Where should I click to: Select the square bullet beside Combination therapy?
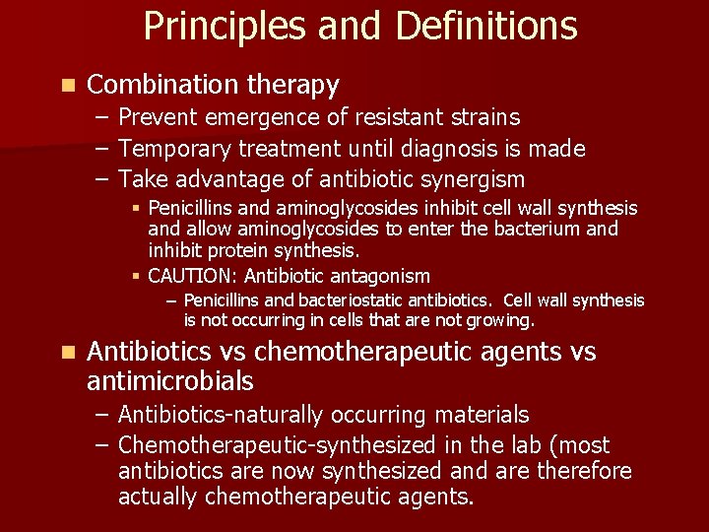66,86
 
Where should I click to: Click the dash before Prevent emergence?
103,118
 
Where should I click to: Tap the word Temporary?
179,149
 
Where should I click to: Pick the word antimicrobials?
169,381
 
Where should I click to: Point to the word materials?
481,415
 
